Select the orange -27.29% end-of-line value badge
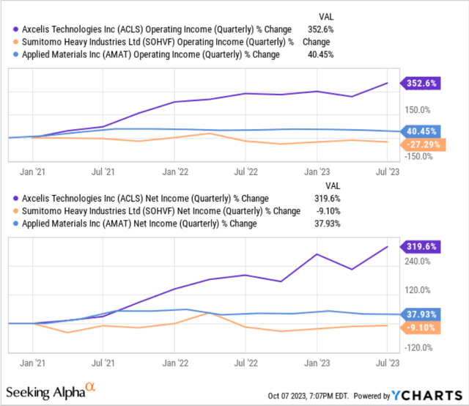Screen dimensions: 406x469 pos(421,144)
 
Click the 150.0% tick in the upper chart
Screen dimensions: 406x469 pos(416,110)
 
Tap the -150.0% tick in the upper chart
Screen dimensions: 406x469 pos(417,156)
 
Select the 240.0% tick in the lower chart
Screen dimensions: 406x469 pos(416,261)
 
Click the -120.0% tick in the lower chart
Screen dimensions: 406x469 pos(417,347)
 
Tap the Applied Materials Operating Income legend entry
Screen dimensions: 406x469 pos(147,53)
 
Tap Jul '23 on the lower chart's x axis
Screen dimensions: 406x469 pos(389,362)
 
